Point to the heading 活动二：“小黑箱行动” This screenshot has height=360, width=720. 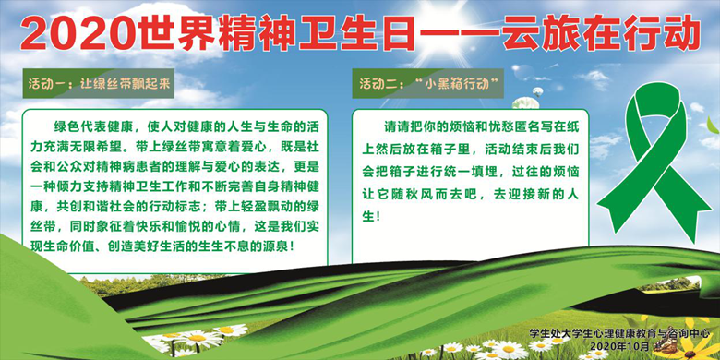(x=430, y=83)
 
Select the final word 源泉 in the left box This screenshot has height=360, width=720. (x=276, y=247)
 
